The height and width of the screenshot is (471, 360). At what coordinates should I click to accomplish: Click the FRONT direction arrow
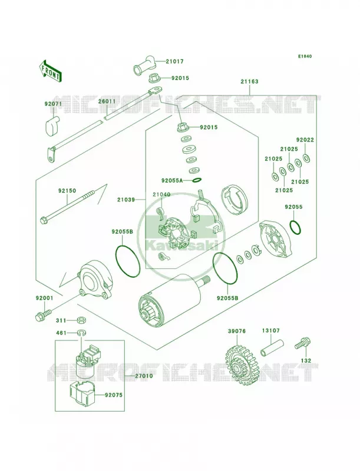click(x=51, y=71)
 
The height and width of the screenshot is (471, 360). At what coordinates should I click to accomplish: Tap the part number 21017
click(x=174, y=62)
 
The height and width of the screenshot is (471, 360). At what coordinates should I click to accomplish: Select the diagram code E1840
click(x=305, y=56)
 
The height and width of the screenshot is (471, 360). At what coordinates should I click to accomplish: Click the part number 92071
click(x=53, y=104)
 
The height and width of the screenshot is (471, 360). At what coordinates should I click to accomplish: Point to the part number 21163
click(x=249, y=81)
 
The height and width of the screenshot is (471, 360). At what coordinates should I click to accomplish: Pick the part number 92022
click(x=305, y=140)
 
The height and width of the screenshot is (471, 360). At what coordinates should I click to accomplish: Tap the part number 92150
click(x=67, y=191)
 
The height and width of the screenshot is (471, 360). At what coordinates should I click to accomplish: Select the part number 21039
click(x=126, y=200)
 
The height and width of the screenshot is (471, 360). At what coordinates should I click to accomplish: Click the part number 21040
click(x=161, y=194)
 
